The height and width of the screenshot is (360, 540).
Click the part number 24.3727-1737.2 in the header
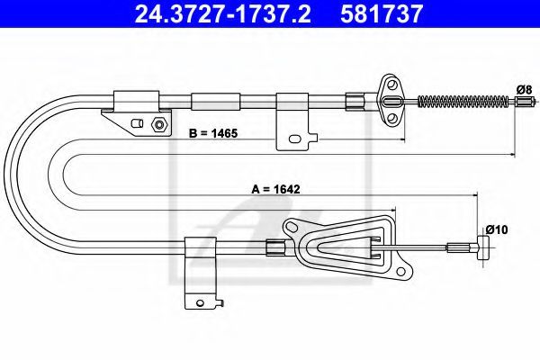tap(222, 13)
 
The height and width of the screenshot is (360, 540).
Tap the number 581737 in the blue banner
tap(382, 13)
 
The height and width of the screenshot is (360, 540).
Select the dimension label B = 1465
tap(213, 133)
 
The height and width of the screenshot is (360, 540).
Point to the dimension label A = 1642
tap(276, 189)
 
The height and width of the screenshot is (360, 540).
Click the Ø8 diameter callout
tap(524, 90)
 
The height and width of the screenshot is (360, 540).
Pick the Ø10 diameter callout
tap(497, 229)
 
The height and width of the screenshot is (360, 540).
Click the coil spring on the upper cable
tap(463, 102)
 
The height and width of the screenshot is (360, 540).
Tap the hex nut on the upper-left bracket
tap(158, 124)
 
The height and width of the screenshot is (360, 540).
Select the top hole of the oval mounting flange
tap(391, 85)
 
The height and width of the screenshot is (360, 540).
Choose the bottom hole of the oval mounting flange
tap(391, 118)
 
